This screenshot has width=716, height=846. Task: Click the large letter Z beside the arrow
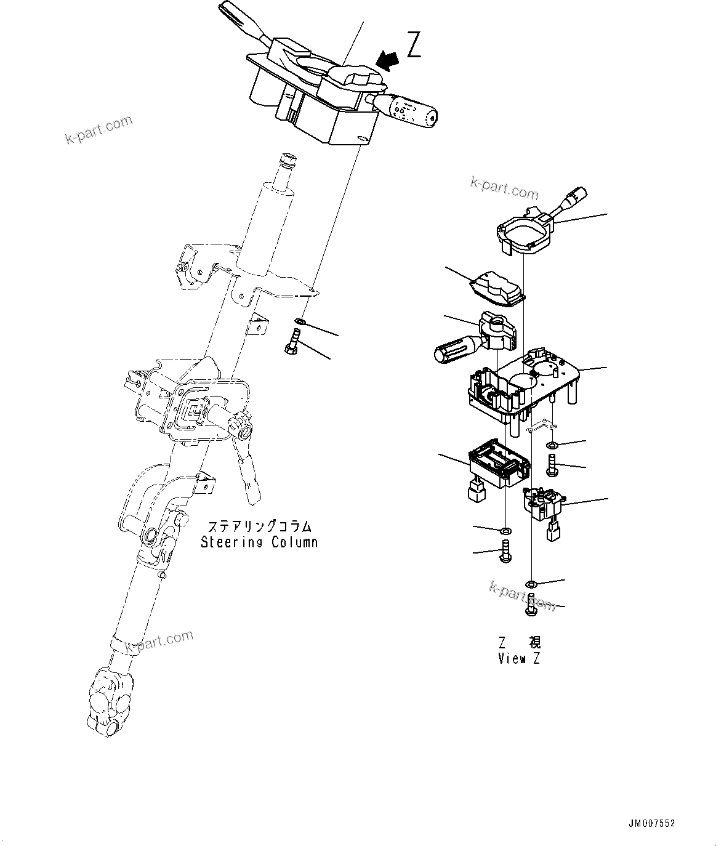pos(414,45)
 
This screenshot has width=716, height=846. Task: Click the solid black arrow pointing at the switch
pos(388,60)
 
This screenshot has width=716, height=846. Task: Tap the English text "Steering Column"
pos(259,542)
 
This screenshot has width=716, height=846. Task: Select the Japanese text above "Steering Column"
pos(259,526)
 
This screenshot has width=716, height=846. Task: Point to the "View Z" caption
pos(519,658)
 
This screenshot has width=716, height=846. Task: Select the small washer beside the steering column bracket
pos(299,321)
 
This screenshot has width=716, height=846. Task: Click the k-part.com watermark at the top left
pos(99,130)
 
